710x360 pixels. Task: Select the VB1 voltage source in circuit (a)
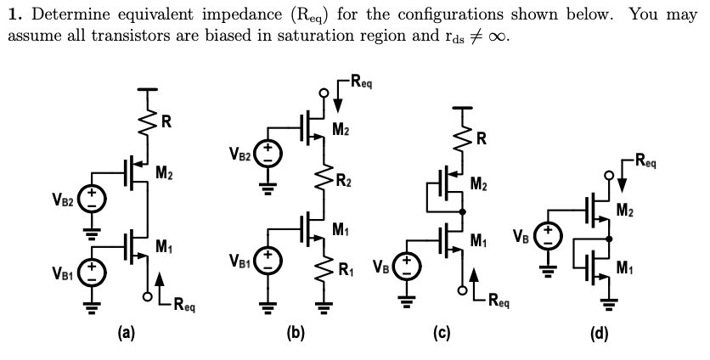point(93,271)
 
